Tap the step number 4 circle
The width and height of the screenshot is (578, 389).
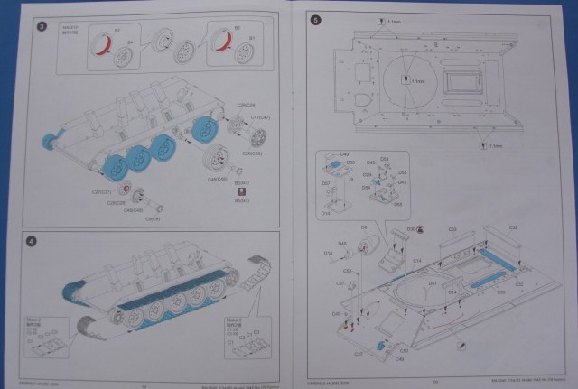pos(33,241)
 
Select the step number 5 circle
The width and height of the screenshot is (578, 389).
pos(313,21)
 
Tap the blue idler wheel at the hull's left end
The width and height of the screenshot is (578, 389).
pos(50,142)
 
